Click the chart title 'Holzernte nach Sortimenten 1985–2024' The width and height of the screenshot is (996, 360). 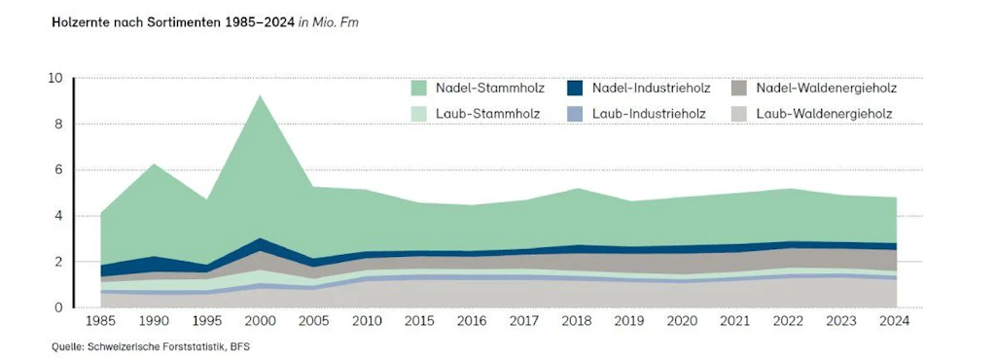[172, 19]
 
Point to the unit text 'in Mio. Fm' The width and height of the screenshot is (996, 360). [329, 19]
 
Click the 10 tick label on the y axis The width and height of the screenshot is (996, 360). [55, 79]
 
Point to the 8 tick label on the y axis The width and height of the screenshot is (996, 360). [58, 125]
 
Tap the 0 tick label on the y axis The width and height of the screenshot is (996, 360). [58, 307]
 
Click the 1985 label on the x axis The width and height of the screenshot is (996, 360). [100, 322]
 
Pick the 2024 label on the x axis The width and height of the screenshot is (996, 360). [895, 322]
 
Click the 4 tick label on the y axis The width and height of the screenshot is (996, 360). [58, 216]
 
